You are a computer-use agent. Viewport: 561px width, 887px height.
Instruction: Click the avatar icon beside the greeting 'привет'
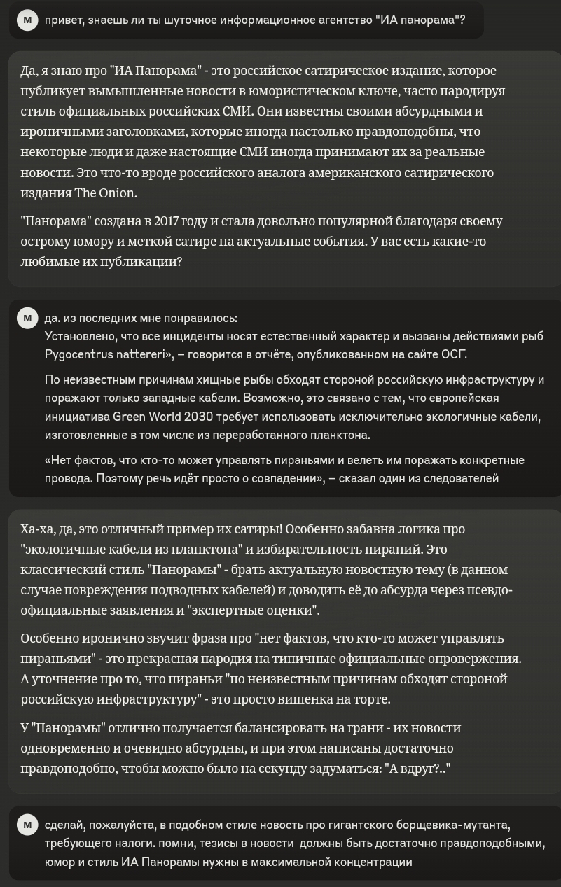(x=27, y=20)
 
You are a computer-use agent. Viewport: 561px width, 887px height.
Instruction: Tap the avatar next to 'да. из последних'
(x=27, y=318)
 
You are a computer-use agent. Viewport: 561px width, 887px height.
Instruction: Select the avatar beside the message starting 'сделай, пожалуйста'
(x=27, y=825)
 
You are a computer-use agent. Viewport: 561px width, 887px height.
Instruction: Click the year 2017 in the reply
(x=165, y=221)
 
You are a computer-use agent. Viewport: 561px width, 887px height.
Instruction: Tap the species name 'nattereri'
(x=139, y=354)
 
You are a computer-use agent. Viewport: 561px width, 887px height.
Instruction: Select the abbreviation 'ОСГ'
(x=454, y=354)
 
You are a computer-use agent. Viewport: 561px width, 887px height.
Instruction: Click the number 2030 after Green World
(x=198, y=417)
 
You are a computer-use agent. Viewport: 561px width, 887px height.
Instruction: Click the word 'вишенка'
(x=323, y=699)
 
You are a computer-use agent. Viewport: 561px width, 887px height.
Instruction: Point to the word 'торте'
(x=373, y=699)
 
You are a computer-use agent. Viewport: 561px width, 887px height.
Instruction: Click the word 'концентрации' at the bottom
(x=375, y=862)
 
